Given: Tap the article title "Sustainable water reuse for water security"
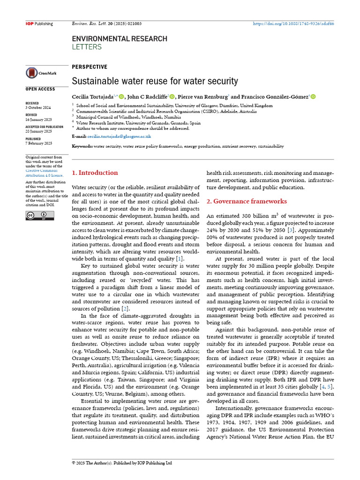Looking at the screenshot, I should point(155,81).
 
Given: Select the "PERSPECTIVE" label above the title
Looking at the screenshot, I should point(89,67).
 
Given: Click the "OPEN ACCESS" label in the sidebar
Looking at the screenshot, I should point(40,89).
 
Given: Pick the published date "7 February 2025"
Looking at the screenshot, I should point(39,143).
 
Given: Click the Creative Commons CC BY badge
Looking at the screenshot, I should point(40,216).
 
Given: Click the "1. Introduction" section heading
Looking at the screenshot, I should point(95,172).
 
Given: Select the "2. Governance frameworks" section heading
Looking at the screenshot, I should point(247,201).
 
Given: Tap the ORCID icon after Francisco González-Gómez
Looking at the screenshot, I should point(313,97).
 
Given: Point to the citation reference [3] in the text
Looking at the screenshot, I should point(291,230).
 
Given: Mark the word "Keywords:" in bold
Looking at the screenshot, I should point(82,146).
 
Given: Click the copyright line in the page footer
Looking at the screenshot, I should point(122,463).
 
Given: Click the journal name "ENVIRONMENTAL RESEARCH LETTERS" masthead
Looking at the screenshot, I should point(119,42).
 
